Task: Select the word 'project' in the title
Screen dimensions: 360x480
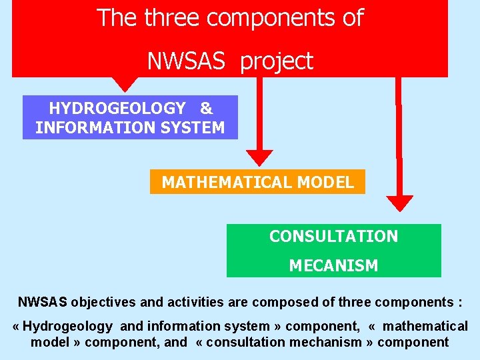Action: click(276, 62)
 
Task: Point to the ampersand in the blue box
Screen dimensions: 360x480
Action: click(206, 108)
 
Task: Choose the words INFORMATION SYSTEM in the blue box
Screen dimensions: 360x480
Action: click(130, 127)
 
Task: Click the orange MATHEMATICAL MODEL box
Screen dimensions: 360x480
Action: click(257, 182)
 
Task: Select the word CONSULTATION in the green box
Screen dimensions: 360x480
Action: click(333, 236)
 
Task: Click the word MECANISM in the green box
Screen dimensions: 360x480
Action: click(333, 265)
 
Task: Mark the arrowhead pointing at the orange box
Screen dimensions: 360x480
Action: click(259, 157)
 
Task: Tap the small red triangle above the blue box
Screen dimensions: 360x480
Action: click(124, 85)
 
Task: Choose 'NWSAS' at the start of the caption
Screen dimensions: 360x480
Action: click(42, 302)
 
